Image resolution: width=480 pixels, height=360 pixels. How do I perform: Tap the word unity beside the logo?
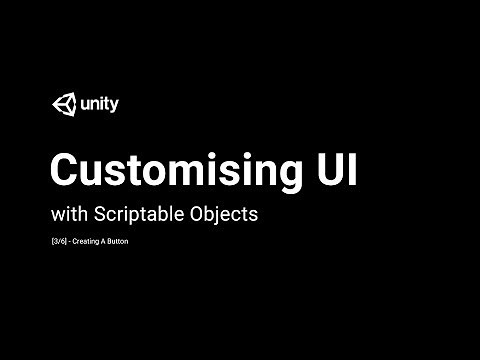click(98, 104)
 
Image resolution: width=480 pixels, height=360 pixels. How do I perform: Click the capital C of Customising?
click(66, 168)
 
